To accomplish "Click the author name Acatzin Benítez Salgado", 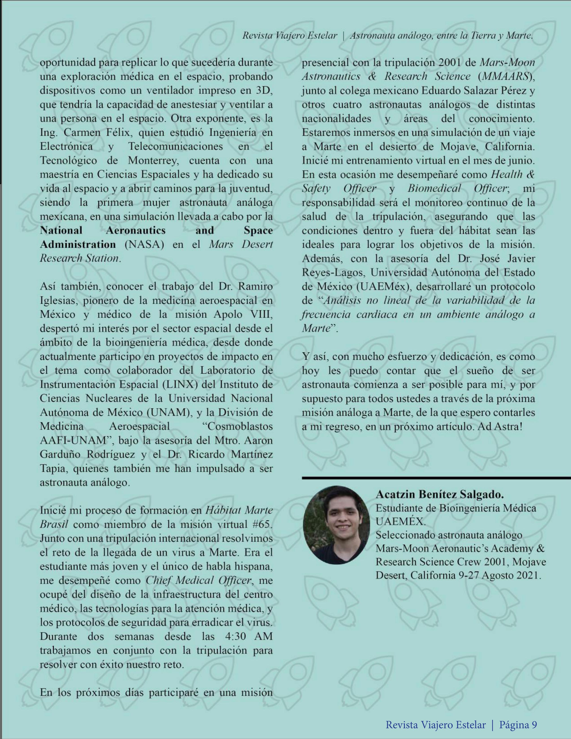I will [440, 494].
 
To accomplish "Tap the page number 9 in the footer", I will [533, 722].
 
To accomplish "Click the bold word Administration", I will [78, 244].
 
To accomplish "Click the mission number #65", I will [263, 525].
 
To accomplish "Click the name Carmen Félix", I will [95, 133].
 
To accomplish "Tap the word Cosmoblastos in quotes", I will [235, 426].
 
